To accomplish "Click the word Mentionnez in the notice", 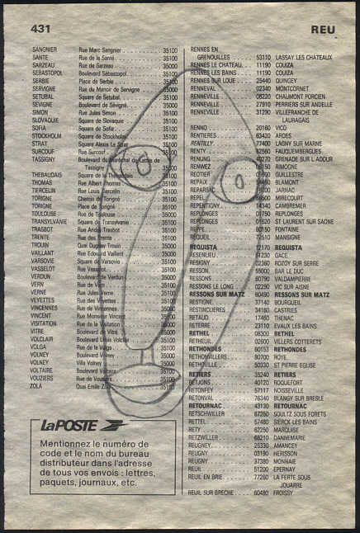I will (x=70, y=444).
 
